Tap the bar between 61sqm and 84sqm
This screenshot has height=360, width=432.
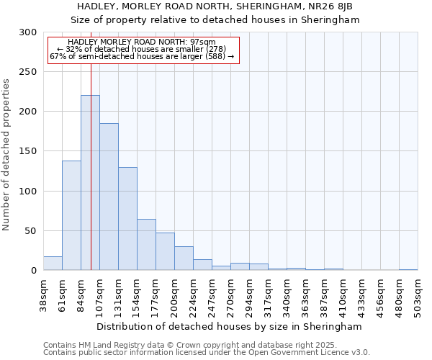coord(71,215)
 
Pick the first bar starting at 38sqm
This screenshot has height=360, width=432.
coord(53,264)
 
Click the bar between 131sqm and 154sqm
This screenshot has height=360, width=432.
coord(127,219)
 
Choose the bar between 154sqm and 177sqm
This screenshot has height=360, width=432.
coord(146,245)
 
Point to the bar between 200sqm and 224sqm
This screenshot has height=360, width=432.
coord(184,258)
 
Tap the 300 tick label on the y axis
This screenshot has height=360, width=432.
coord(27,32)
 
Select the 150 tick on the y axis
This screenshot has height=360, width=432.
coord(27,151)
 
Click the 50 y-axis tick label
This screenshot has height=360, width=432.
coord(30,231)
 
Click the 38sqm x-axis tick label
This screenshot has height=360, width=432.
coord(44,294)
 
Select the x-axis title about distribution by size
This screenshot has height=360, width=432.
coord(230,326)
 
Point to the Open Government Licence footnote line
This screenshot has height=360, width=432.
coord(207,353)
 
